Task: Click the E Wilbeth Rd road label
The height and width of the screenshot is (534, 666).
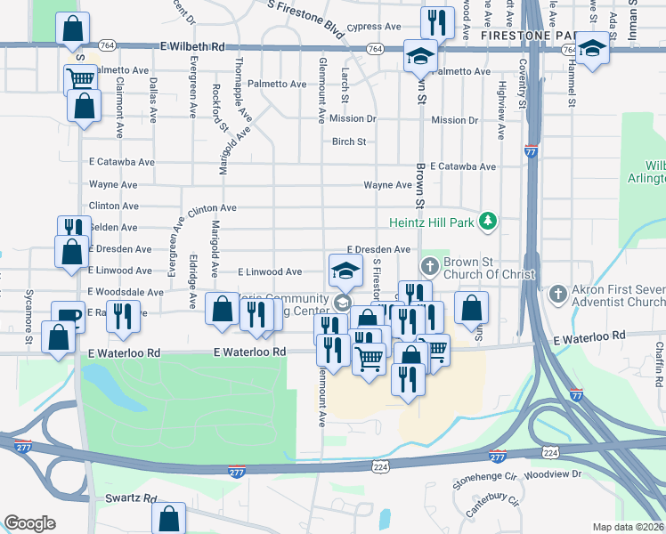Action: pyautogui.click(x=193, y=45)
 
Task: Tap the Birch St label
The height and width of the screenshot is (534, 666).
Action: pyautogui.click(x=349, y=142)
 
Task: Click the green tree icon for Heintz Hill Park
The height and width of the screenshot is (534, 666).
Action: pyautogui.click(x=487, y=220)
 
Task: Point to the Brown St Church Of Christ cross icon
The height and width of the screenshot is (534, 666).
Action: pyautogui.click(x=429, y=265)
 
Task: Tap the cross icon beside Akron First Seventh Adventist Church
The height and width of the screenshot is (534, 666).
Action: pyautogui.click(x=557, y=293)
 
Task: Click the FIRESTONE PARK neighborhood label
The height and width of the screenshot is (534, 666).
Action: pyautogui.click(x=523, y=36)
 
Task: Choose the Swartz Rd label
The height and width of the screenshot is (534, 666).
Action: pyautogui.click(x=131, y=499)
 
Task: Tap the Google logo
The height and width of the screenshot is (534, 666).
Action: pyautogui.click(x=29, y=523)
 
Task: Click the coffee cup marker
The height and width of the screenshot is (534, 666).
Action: pyautogui.click(x=68, y=315)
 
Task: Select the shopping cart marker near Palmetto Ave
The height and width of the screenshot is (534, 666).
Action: pyautogui.click(x=81, y=78)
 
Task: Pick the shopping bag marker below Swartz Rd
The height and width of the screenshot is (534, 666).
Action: pyautogui.click(x=168, y=517)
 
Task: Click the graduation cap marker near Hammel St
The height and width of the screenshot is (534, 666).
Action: pyautogui.click(x=591, y=48)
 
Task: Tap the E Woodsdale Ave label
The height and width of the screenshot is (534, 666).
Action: pyautogui.click(x=126, y=292)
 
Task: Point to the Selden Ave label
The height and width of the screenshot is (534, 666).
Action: pyautogui.click(x=113, y=228)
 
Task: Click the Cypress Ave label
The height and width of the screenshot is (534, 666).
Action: pyautogui.click(x=373, y=28)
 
